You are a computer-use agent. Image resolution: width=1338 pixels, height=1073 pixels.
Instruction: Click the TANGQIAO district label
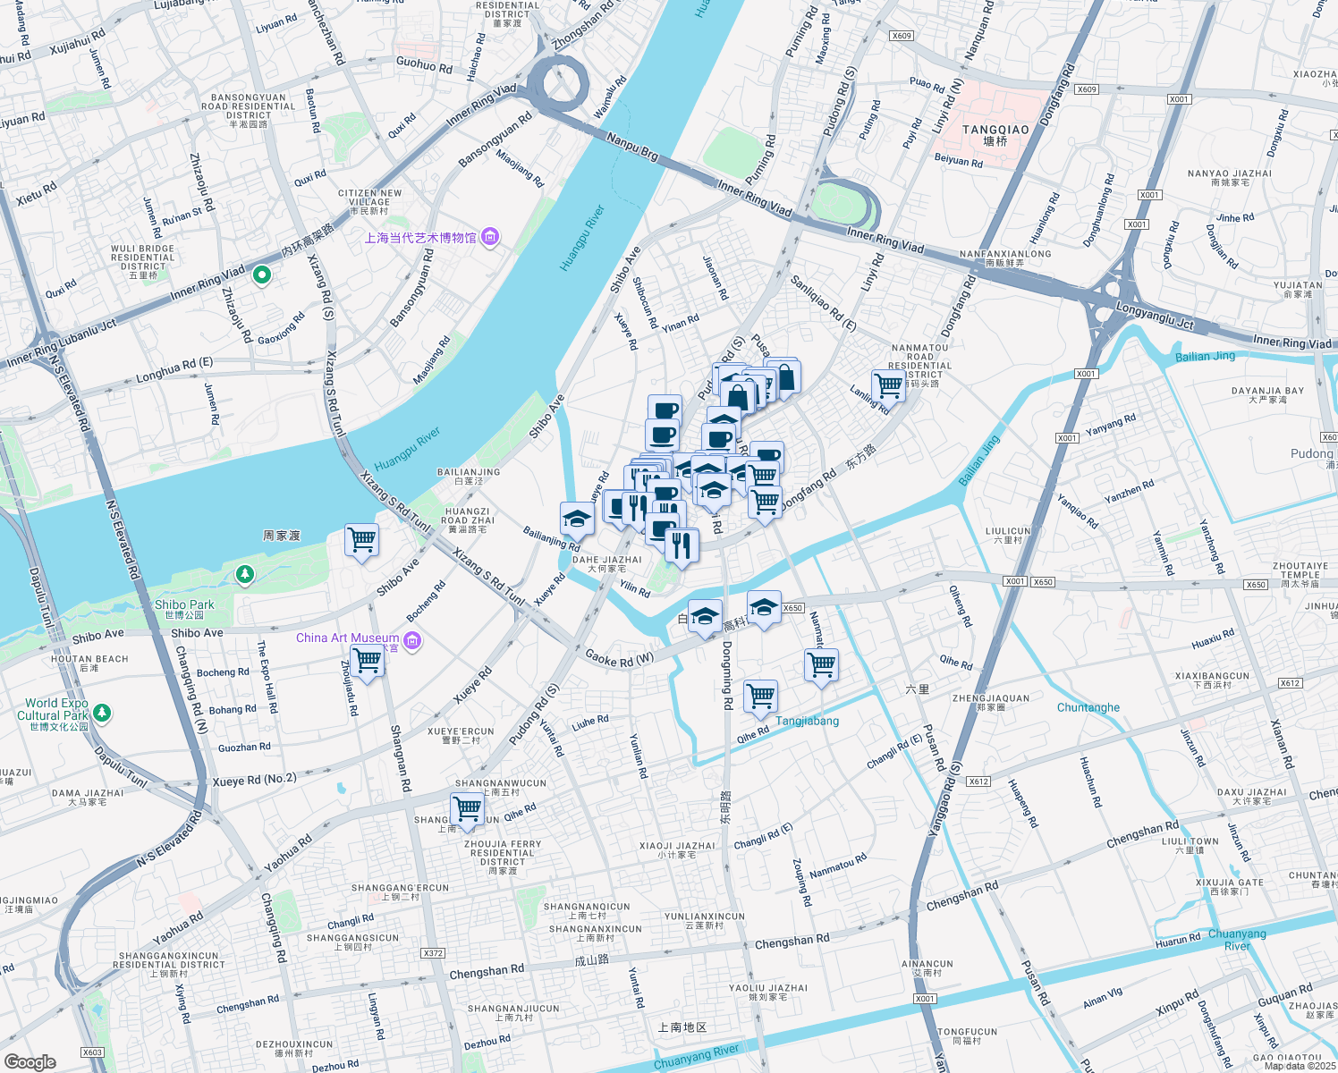995,130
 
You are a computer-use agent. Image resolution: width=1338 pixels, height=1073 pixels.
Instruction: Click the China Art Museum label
347,638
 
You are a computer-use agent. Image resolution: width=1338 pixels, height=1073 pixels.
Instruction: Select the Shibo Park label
184,604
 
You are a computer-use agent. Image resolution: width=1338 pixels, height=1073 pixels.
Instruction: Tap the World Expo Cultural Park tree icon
103,712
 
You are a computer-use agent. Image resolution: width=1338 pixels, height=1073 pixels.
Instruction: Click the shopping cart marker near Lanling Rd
888,386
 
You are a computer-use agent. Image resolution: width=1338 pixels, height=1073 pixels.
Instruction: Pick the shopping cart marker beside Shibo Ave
361,539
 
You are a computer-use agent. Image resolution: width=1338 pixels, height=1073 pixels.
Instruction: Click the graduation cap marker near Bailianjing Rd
577,518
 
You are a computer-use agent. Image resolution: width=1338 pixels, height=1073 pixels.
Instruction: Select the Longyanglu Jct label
1155,317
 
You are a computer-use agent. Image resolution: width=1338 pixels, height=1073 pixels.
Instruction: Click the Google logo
30,1061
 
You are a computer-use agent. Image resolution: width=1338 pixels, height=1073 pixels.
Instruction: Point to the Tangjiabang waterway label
807,721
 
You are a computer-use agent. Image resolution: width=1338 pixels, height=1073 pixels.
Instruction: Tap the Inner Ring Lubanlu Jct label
62,343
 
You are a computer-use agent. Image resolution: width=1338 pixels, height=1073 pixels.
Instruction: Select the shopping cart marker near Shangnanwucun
467,807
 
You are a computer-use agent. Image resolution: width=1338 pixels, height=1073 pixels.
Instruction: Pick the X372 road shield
433,953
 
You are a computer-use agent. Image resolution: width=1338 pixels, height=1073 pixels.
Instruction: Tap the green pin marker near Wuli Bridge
262,275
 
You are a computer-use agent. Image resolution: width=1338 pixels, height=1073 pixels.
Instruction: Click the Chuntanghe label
1088,707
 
